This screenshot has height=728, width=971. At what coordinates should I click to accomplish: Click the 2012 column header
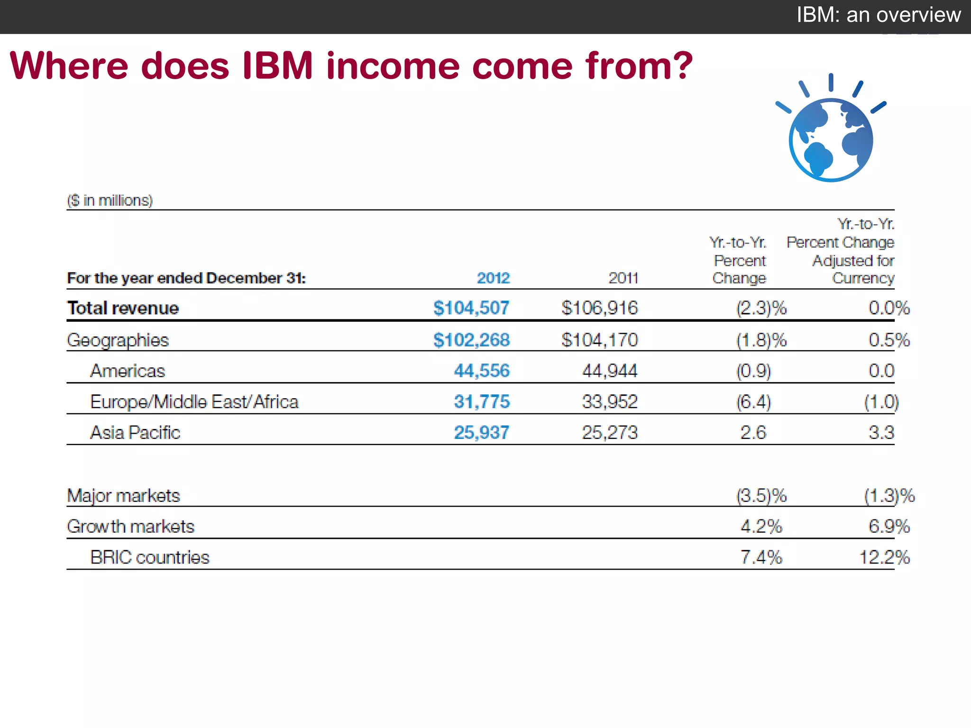(493, 278)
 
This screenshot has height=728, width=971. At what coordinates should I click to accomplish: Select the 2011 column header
(623, 278)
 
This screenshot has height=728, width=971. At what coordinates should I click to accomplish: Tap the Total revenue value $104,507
(471, 308)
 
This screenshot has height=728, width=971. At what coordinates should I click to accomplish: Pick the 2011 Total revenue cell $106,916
(600, 308)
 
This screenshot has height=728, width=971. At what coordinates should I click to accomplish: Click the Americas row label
(128, 371)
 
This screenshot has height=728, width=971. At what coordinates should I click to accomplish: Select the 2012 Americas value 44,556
(482, 371)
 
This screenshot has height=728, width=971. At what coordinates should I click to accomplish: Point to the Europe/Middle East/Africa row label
(194, 402)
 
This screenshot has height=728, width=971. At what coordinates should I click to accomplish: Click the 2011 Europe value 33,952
(610, 402)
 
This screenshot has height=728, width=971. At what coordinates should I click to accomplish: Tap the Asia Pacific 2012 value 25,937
(482, 432)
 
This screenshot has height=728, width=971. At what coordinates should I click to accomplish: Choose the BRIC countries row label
(149, 557)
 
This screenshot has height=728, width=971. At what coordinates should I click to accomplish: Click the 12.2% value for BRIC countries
(885, 557)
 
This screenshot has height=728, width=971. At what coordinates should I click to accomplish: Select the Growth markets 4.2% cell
(761, 527)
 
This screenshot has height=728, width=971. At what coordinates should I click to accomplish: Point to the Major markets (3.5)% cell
(761, 496)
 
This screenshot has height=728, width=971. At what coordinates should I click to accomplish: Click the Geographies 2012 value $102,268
(471, 340)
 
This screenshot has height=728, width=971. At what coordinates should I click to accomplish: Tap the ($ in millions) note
(110, 200)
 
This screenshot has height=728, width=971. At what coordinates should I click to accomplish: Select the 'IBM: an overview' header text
(879, 15)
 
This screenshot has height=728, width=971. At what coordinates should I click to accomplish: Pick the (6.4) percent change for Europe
(753, 402)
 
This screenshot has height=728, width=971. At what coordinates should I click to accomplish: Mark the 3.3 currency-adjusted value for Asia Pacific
(881, 432)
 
